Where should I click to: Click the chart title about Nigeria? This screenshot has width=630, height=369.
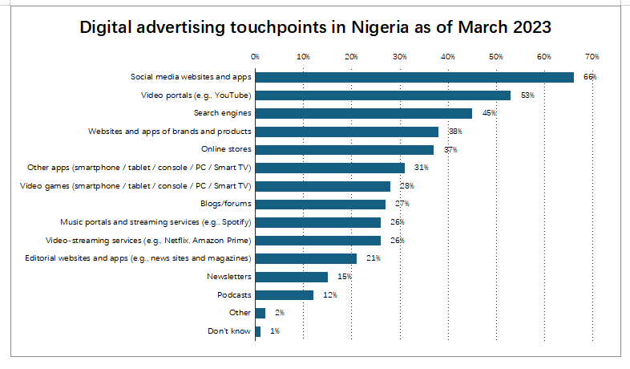pyautogui.click(x=315, y=28)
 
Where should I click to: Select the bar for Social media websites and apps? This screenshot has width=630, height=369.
pyautogui.click(x=414, y=77)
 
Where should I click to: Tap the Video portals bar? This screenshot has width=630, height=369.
pyautogui.click(x=383, y=95)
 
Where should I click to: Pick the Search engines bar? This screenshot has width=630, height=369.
pyautogui.click(x=364, y=113)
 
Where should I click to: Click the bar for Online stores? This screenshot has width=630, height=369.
pyautogui.click(x=345, y=150)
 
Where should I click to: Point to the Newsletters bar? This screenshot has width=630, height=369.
pyautogui.click(x=292, y=277)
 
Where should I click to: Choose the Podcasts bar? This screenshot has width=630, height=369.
pyautogui.click(x=285, y=294)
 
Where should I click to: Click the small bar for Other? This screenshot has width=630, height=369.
pyautogui.click(x=260, y=313)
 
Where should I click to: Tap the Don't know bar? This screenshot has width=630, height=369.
pyautogui.click(x=257, y=331)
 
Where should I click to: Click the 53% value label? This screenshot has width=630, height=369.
pyautogui.click(x=527, y=95)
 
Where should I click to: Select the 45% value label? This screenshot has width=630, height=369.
pyautogui.click(x=488, y=113)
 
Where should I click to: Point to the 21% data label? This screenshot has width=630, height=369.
pyautogui.click(x=372, y=258)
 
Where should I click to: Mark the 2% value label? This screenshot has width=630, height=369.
pyautogui.click(x=278, y=313)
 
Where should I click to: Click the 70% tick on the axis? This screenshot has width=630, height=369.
pyautogui.click(x=592, y=56)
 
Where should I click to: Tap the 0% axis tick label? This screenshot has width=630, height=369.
pyautogui.click(x=255, y=56)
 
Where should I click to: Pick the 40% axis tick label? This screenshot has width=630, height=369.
pyautogui.click(x=448, y=56)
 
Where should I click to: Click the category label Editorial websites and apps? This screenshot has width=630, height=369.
pyautogui.click(x=134, y=258)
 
